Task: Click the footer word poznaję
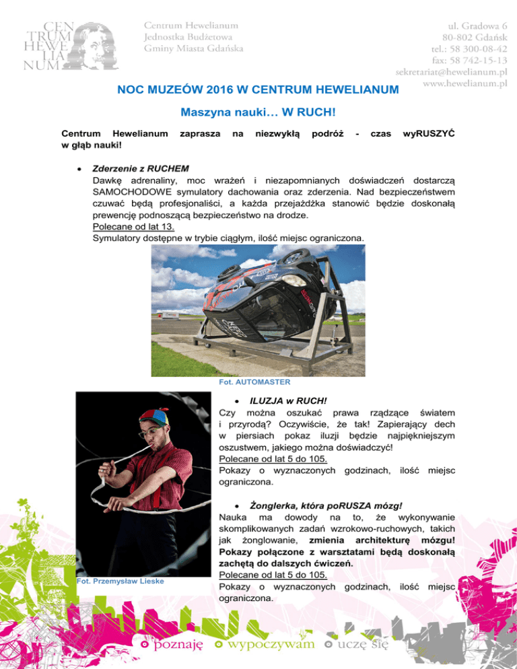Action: [x=178, y=645]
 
